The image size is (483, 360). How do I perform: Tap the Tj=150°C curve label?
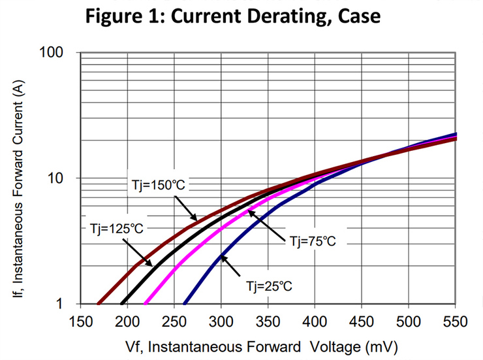pos(155,186)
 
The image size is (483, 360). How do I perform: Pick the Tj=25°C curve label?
pos(269,286)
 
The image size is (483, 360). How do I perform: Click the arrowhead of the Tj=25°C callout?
pos(223,257)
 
